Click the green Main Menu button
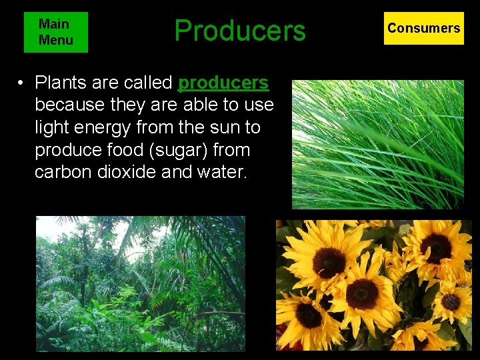[55, 32]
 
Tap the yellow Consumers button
[423, 28]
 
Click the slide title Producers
[239, 31]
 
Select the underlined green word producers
[224, 83]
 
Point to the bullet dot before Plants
[22, 83]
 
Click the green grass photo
[377, 145]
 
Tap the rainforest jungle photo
[140, 283]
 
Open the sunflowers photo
[373, 285]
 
